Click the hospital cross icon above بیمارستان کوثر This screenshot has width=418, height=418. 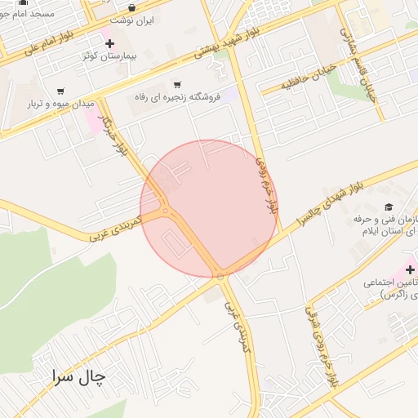pos(110,43)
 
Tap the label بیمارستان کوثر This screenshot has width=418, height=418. pos(109,58)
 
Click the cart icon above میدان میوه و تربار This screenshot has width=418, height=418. pos(60,91)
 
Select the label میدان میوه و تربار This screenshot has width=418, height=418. pos(61,104)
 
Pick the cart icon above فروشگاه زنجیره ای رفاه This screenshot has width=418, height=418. pos(177,84)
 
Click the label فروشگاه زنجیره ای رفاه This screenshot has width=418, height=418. pos(177,98)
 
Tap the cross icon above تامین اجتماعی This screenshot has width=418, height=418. pos(410,269)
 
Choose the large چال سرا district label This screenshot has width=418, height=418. pos(78,376)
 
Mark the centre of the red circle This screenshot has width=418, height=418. pos(209,208)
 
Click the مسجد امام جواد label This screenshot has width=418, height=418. pos(24,14)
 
